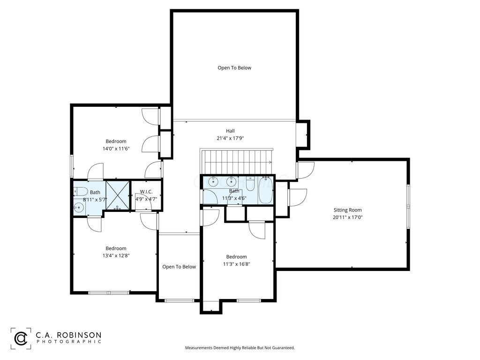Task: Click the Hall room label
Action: coord(230,131)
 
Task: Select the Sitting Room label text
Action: coord(347,210)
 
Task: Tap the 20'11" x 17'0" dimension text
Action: coord(348,217)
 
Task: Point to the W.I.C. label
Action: coord(146,192)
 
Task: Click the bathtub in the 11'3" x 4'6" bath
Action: coord(265,190)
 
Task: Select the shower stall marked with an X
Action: coord(118,195)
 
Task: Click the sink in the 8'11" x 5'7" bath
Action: coord(79,208)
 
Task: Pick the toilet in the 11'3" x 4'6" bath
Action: coord(250,184)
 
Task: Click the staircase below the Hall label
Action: coord(237,161)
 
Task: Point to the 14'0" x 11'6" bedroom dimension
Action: coord(116,149)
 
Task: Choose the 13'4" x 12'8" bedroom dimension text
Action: coord(116,255)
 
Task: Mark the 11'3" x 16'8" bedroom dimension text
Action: coord(236,264)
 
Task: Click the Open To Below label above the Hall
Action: coord(234,68)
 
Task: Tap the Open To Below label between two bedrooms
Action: coord(179,267)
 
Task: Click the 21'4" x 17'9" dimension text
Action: coord(230,138)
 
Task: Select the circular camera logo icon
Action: coord(21,338)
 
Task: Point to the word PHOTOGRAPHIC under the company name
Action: coord(69,342)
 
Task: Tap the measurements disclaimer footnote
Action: coord(240,348)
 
